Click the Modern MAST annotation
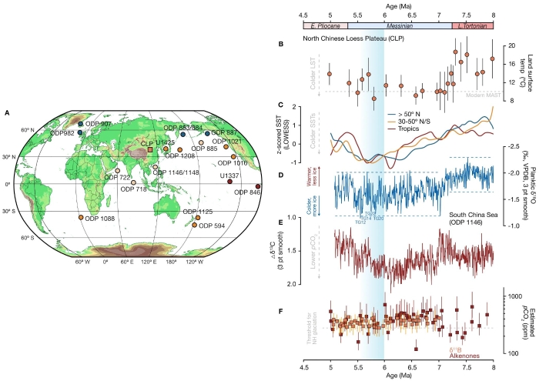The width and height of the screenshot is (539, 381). point(473,95)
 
